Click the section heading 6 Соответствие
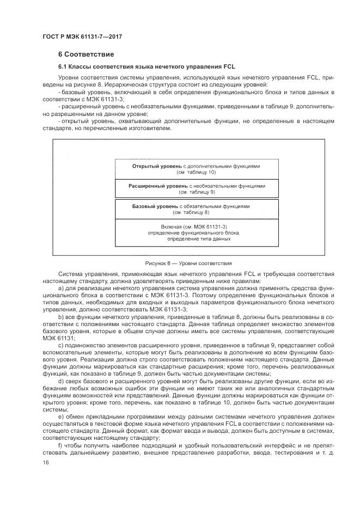pos(86,54)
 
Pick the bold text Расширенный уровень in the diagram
pos(154,186)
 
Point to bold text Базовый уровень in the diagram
pos(155,206)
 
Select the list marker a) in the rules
pos(60,288)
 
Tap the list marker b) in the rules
pos(60,316)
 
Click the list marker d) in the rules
pos(60,380)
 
